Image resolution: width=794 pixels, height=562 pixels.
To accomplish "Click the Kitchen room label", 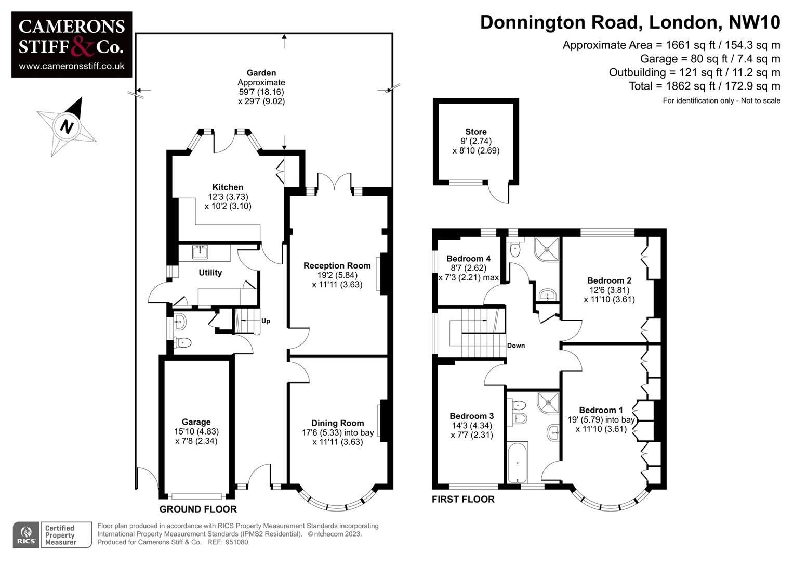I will pyautogui.click(x=228, y=187).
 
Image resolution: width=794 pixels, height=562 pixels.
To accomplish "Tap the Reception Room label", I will pyautogui.click(x=337, y=265).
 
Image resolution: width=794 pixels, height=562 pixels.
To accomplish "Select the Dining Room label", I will pyautogui.click(x=337, y=423).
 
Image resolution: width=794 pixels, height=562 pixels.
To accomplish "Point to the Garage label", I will pyautogui.click(x=196, y=422).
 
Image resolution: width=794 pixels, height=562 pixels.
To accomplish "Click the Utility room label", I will pyautogui.click(x=210, y=273).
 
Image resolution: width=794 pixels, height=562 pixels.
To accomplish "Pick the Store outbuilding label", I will pyautogui.click(x=475, y=132).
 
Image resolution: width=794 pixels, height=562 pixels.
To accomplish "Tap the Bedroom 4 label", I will pyautogui.click(x=468, y=259).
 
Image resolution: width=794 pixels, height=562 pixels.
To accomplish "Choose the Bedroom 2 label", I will pyautogui.click(x=609, y=280).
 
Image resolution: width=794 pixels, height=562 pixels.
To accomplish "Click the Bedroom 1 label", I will pyautogui.click(x=601, y=410).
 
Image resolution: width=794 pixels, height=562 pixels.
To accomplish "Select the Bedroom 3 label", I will pyautogui.click(x=471, y=416).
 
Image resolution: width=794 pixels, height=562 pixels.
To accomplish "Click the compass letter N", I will pyautogui.click(x=67, y=126).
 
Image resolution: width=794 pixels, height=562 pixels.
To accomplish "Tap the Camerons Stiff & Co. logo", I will pyautogui.click(x=72, y=44).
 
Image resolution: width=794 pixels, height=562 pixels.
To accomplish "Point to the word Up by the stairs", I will pyautogui.click(x=266, y=321).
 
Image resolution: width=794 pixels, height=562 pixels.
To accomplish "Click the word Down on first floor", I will pyautogui.click(x=515, y=346).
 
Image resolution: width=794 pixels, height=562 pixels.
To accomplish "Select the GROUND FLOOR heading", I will pyautogui.click(x=198, y=509).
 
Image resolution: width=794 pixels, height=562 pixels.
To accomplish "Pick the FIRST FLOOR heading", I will pyautogui.click(x=463, y=500).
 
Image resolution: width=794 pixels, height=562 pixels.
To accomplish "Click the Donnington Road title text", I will pyautogui.click(x=630, y=22).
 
